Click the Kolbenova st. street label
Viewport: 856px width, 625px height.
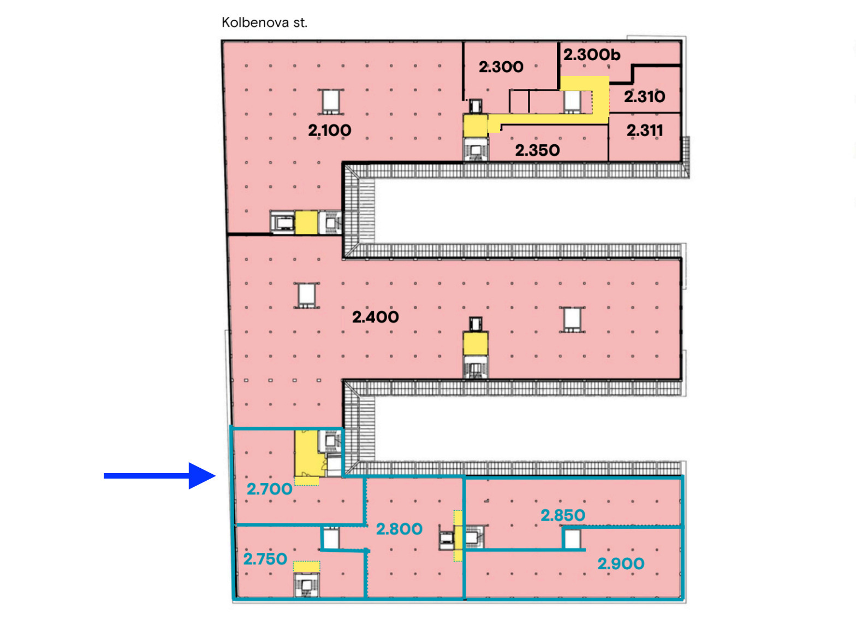[264, 22]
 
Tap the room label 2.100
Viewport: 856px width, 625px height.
[329, 131]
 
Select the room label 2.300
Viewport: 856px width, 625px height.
[501, 67]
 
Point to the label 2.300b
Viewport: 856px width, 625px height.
[592, 55]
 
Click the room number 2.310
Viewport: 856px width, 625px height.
[645, 97]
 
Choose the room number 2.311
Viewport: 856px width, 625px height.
[645, 131]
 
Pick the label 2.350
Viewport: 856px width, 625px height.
[537, 150]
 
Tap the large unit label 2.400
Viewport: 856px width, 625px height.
[375, 317]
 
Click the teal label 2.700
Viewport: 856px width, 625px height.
[270, 489]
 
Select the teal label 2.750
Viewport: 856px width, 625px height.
[265, 559]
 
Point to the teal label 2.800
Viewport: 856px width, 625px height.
[399, 529]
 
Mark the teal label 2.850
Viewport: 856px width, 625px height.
[563, 515]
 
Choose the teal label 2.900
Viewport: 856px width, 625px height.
[621, 563]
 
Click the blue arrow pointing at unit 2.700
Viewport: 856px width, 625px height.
[160, 476]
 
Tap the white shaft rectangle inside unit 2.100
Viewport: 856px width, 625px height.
[331, 102]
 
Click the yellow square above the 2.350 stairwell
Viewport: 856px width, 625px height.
[475, 126]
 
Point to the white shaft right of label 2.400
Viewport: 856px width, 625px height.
[572, 319]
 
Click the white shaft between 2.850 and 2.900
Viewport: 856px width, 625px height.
[572, 539]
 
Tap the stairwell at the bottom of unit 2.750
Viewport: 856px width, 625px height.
[306, 585]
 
